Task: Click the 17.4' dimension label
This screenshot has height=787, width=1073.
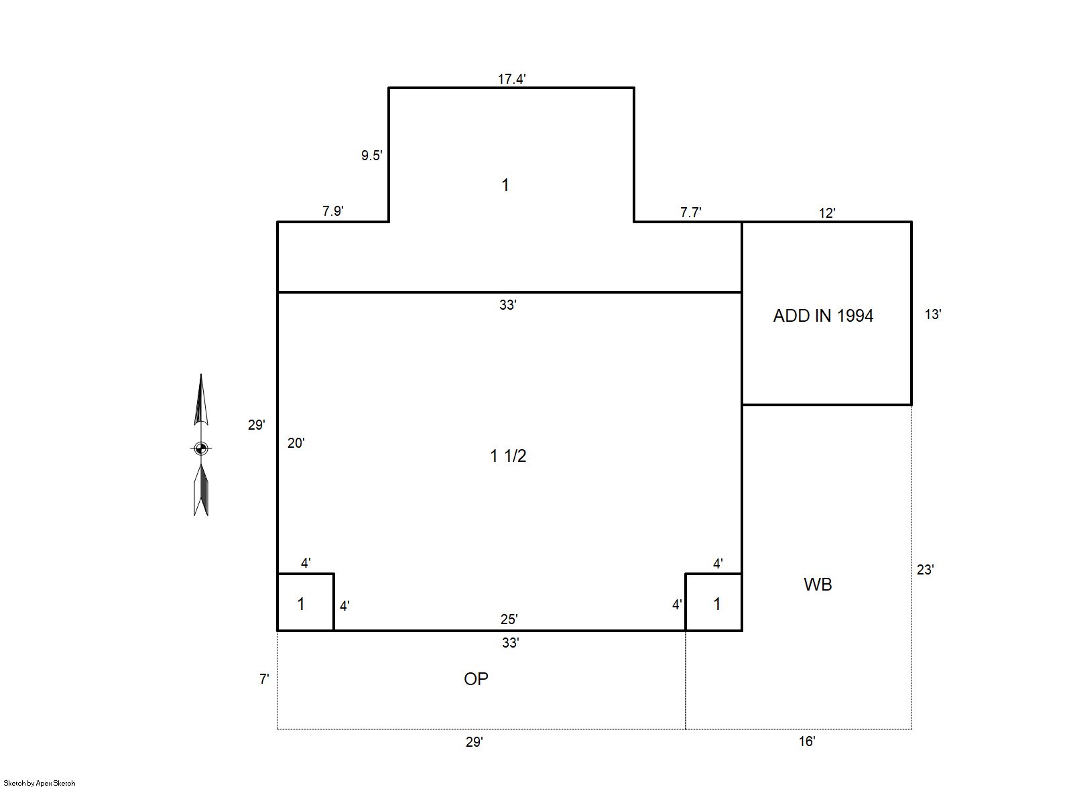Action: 511,79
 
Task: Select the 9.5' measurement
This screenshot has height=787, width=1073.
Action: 372,156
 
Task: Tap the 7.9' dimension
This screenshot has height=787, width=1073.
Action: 333,210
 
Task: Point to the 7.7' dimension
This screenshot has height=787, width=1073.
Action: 691,213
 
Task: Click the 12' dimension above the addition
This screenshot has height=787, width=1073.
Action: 827,213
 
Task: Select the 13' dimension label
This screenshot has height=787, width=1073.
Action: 933,314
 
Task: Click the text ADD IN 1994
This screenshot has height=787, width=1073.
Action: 823,316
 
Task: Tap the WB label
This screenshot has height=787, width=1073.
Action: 818,585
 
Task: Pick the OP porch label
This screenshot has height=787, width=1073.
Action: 476,679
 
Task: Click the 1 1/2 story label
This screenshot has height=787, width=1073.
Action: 508,456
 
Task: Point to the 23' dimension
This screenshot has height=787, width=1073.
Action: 925,570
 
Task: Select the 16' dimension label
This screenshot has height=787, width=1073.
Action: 807,741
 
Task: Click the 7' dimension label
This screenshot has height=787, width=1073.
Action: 264,679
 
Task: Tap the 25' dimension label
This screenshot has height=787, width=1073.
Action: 509,619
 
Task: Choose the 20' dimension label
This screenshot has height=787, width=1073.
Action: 296,443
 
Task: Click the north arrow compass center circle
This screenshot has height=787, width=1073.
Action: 201,448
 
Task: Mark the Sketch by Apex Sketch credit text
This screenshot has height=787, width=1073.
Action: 40,783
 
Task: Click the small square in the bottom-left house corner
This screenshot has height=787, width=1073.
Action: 305,602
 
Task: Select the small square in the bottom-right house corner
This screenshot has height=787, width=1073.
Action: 714,602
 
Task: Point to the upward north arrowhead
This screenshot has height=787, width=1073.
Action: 200,400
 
